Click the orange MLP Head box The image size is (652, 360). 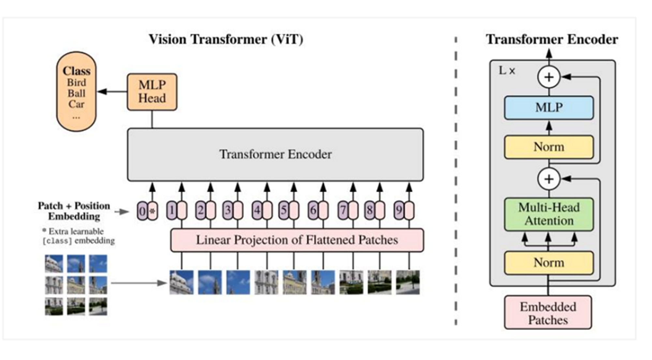(x=152, y=92)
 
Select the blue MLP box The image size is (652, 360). (x=549, y=108)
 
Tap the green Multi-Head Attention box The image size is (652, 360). (x=549, y=214)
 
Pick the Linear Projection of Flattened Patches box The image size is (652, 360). (x=297, y=240)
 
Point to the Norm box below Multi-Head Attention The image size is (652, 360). (x=549, y=263)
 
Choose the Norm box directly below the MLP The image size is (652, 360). (x=549, y=147)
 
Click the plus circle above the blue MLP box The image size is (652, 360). (x=549, y=77)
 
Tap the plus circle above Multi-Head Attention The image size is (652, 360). (x=549, y=179)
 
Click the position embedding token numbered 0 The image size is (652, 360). (x=142, y=211)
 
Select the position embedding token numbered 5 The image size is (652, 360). (x=284, y=210)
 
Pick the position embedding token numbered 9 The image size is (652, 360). (x=399, y=210)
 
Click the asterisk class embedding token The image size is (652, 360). (x=153, y=211)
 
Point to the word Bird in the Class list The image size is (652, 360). (x=77, y=82)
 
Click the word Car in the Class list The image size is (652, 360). (x=76, y=104)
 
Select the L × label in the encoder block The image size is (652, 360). (x=507, y=71)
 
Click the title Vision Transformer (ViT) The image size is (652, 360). (x=226, y=39)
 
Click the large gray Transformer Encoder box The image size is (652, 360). (x=275, y=154)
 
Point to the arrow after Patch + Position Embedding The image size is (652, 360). (x=122, y=212)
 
